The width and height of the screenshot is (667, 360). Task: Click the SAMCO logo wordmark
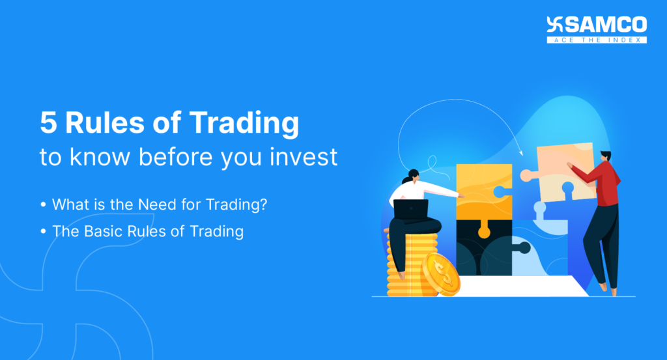[x=606, y=25]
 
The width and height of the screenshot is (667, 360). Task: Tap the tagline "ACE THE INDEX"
[x=597, y=40]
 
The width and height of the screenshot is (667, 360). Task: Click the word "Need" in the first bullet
[x=157, y=204]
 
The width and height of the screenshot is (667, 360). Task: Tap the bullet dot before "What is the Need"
[x=43, y=205]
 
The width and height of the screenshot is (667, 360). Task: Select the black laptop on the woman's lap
[x=411, y=210]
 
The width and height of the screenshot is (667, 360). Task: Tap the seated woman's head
[x=412, y=176]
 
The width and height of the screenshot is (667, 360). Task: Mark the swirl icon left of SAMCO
[x=555, y=25]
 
